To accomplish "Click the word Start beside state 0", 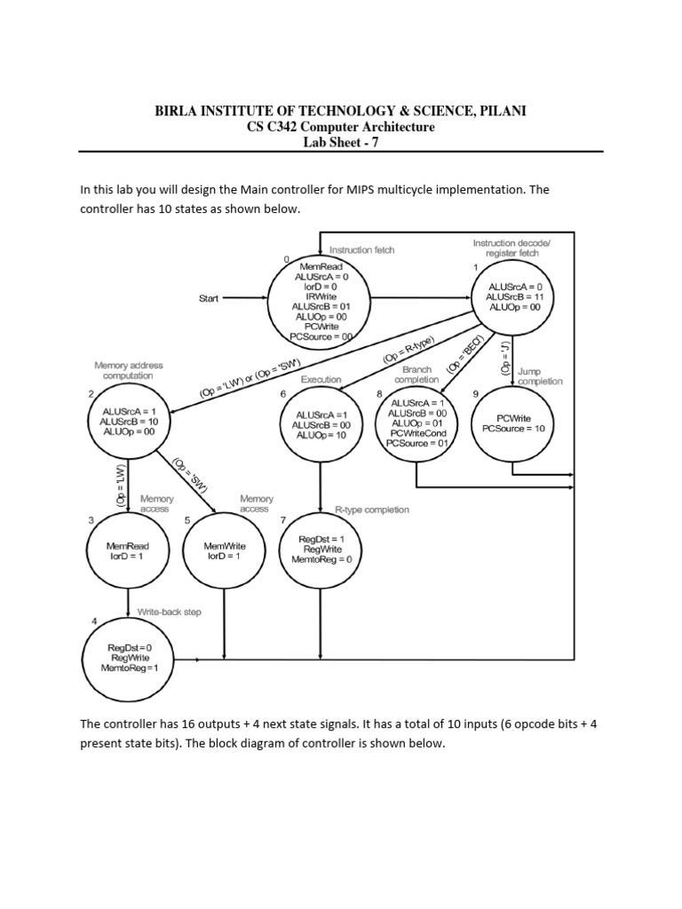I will click(x=209, y=299).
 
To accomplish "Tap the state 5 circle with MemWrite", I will click(x=223, y=550).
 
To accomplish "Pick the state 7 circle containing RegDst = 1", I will click(x=321, y=549).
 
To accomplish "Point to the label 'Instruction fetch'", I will click(x=361, y=250).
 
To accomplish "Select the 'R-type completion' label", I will click(x=372, y=510).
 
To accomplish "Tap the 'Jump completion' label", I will click(x=541, y=376).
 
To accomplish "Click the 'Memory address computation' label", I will click(x=128, y=370).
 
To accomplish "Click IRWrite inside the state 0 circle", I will click(x=321, y=296).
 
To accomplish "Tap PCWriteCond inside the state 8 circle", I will click(x=416, y=433).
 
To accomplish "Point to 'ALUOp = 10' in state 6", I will click(x=321, y=436).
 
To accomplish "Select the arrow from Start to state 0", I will click(x=245, y=299).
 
